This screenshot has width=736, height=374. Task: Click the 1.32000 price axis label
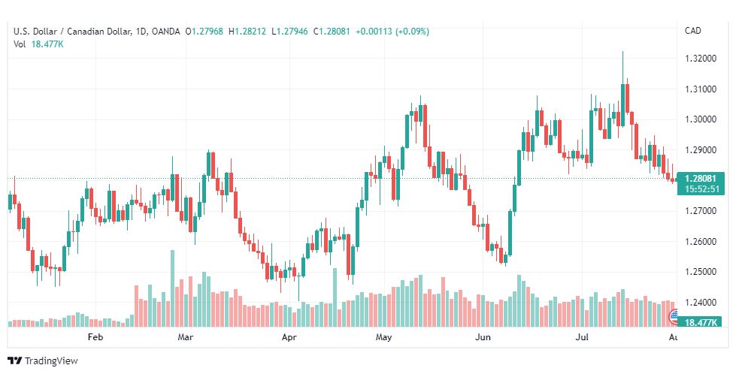coord(701,59)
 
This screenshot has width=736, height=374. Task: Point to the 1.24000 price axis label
coord(701,303)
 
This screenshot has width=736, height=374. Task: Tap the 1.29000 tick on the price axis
coord(701,150)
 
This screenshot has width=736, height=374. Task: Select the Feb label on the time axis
coord(95,337)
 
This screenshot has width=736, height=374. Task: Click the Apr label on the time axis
coord(289,337)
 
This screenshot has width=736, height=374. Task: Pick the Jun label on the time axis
coord(483,337)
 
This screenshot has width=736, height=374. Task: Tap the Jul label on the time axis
coord(583,337)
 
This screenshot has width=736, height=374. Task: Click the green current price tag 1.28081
coord(701,179)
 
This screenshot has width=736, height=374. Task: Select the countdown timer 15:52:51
coord(701,189)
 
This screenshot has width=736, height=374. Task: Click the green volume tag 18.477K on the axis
coord(701,322)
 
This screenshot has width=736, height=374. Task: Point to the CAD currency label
coord(693,31)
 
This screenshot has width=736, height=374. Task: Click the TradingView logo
coord(43,360)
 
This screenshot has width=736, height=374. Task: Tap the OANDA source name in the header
coord(165,32)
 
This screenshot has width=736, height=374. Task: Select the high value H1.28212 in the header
coord(247,32)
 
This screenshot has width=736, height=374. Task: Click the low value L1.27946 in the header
coord(289,32)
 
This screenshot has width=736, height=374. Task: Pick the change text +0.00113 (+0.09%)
coord(392,32)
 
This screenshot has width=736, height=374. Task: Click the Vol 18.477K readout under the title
coord(38,44)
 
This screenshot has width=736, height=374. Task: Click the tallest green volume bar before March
coord(172,288)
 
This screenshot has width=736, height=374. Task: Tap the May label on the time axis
coord(383,337)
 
